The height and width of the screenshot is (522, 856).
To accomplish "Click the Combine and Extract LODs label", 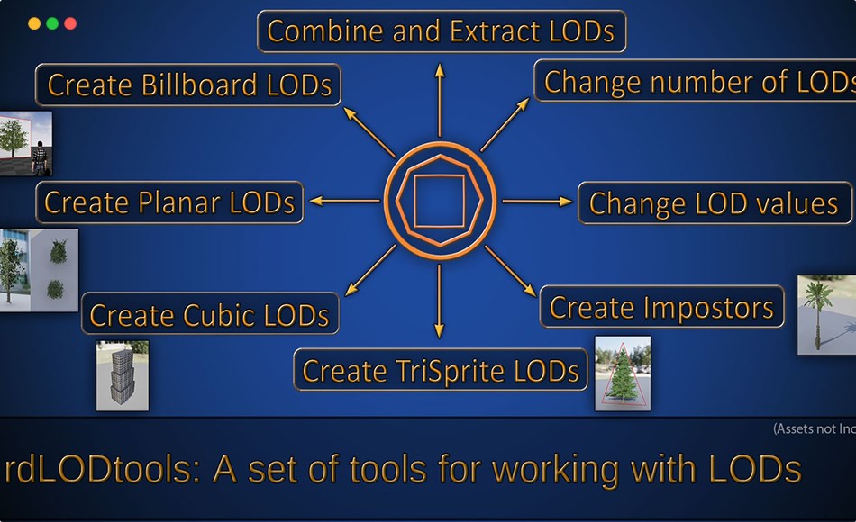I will coord(442,31).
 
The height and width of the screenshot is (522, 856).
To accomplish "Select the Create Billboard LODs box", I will coord(188,85).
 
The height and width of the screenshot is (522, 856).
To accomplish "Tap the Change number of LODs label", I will coord(696,82).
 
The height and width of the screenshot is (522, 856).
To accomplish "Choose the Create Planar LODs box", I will coord(169,202).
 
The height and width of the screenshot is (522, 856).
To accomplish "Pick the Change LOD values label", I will coord(714,202).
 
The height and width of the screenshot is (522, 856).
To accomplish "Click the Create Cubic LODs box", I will coord(210,314).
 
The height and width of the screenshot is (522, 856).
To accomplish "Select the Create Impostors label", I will coord(661,307).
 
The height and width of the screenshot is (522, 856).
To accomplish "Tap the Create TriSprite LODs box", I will coord(440,370).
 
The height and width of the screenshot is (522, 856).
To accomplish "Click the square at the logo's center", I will coord(439,201).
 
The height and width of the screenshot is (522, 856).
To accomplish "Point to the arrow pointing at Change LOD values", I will coord(537,202).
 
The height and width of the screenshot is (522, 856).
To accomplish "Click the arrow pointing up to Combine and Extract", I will coord(440,99).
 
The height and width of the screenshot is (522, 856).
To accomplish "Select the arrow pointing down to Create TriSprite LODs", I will coord(440,301).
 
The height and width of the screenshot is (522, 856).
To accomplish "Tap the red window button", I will coord(70,23).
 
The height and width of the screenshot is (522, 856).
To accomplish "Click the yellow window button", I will coord(34,23).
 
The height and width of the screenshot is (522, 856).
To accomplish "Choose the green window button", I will coord(52,23).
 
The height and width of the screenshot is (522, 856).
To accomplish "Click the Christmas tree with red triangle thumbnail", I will coord(623,373).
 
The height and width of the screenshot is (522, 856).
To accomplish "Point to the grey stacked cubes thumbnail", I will coord(123,375).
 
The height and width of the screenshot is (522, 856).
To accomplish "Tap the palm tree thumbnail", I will coord(826,314).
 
